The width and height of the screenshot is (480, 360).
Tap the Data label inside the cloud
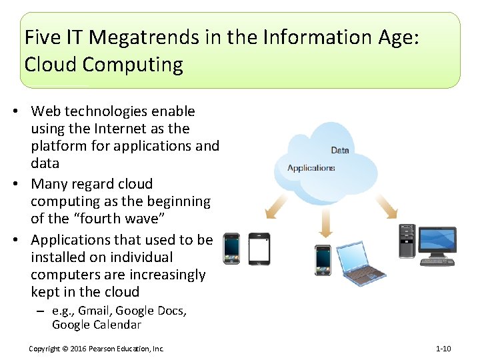(340, 150)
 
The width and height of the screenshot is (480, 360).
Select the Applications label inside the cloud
(311, 168)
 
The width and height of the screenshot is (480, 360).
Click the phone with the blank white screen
(259, 249)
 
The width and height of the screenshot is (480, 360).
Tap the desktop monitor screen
(437, 240)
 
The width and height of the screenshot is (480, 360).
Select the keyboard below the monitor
(437, 261)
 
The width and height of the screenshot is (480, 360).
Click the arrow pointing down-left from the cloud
(275, 207)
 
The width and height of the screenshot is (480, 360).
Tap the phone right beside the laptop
(323, 259)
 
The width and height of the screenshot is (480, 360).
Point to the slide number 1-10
(443, 349)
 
